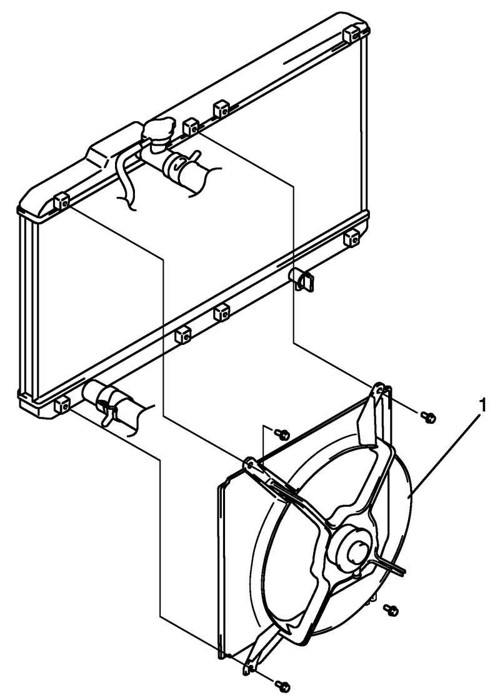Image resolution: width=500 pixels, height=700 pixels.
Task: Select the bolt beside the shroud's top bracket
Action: point(429,417)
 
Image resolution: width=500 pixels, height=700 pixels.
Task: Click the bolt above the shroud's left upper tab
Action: point(282,433)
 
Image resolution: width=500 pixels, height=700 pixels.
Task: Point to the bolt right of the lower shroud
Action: point(391,610)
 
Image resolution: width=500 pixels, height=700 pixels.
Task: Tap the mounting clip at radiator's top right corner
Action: point(352,34)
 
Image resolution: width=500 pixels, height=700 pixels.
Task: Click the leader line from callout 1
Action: point(446,454)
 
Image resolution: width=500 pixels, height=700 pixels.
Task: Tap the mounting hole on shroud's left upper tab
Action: point(250,466)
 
